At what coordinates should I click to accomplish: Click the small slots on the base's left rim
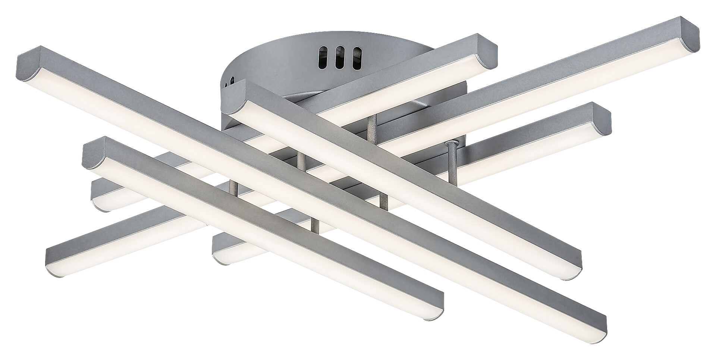(x=232, y=81)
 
